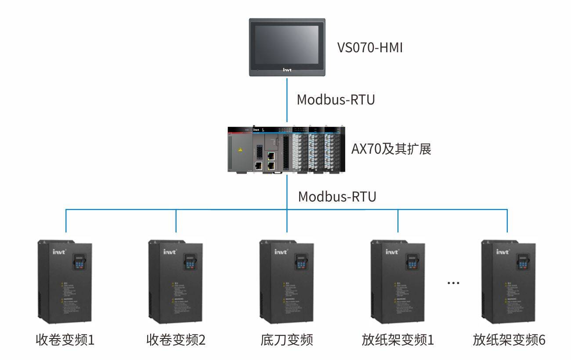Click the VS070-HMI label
coord(370,47)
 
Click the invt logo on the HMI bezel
coord(287,69)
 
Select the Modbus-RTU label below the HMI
coord(336,100)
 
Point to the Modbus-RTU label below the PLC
coord(337,197)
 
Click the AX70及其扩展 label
coord(391,149)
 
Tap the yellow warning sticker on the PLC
coord(240,150)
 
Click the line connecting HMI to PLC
coord(287,101)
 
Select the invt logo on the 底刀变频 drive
coord(281,252)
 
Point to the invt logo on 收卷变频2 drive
coord(170,252)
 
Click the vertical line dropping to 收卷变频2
coord(176,221)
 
